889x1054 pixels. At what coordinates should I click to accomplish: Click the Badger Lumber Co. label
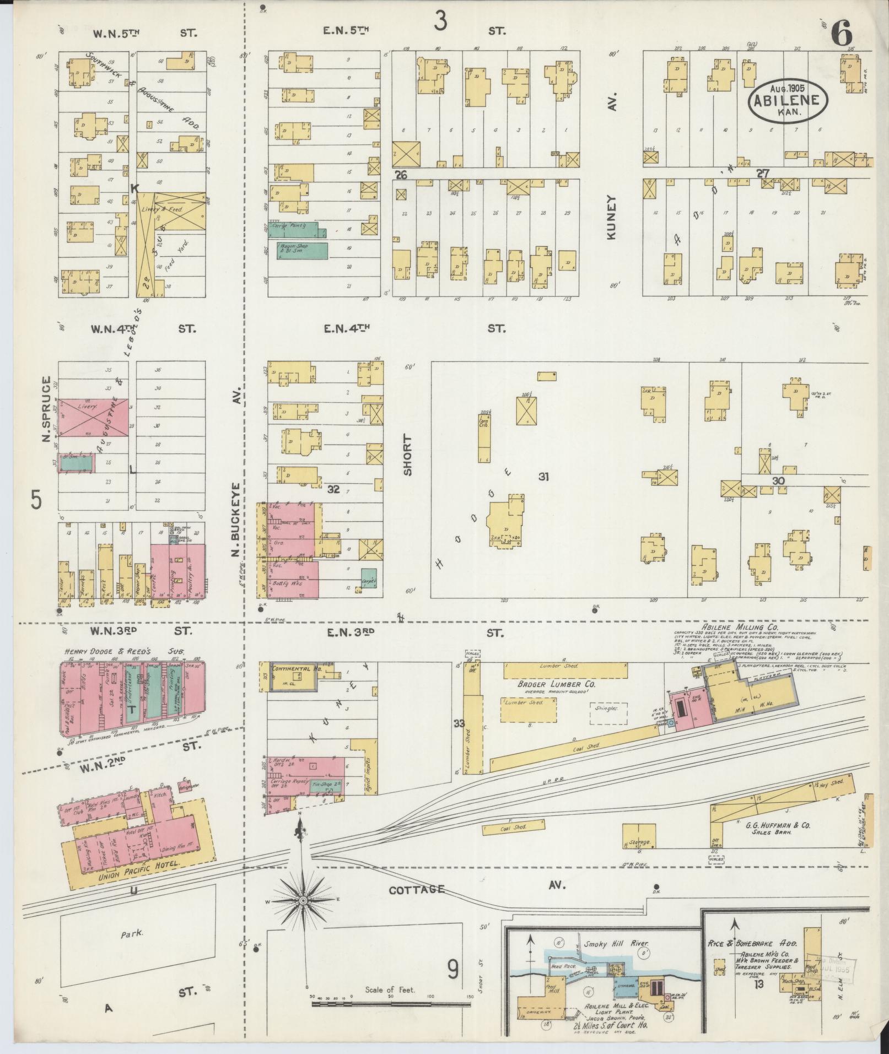click(x=549, y=684)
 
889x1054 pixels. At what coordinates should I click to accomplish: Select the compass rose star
click(x=303, y=900)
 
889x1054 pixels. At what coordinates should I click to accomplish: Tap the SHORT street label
click(x=408, y=455)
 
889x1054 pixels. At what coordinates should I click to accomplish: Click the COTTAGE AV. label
click(x=417, y=890)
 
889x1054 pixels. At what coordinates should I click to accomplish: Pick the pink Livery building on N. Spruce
click(x=94, y=416)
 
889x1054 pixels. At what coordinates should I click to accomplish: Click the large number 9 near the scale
click(x=452, y=969)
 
